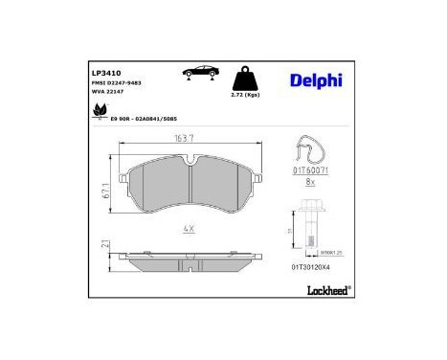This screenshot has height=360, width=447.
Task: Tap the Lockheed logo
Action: point(328,288)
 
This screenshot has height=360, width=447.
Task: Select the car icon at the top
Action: point(198,72)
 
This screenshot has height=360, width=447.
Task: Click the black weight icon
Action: point(247,78)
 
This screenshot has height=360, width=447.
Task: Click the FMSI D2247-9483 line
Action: point(117,83)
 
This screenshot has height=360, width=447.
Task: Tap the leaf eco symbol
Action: point(99,114)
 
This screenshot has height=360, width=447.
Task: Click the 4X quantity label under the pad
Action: point(190,230)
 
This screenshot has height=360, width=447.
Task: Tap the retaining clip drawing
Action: point(314,153)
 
